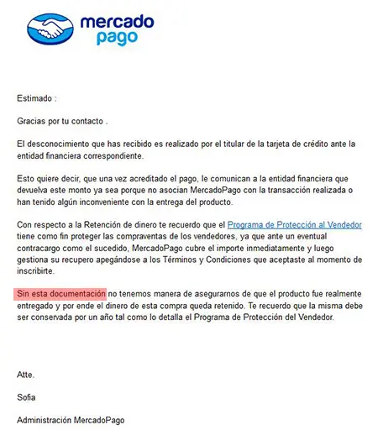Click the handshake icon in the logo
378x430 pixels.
coord(49,29)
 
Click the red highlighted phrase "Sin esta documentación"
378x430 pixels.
coord(61,295)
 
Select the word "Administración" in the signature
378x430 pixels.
coord(48,420)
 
